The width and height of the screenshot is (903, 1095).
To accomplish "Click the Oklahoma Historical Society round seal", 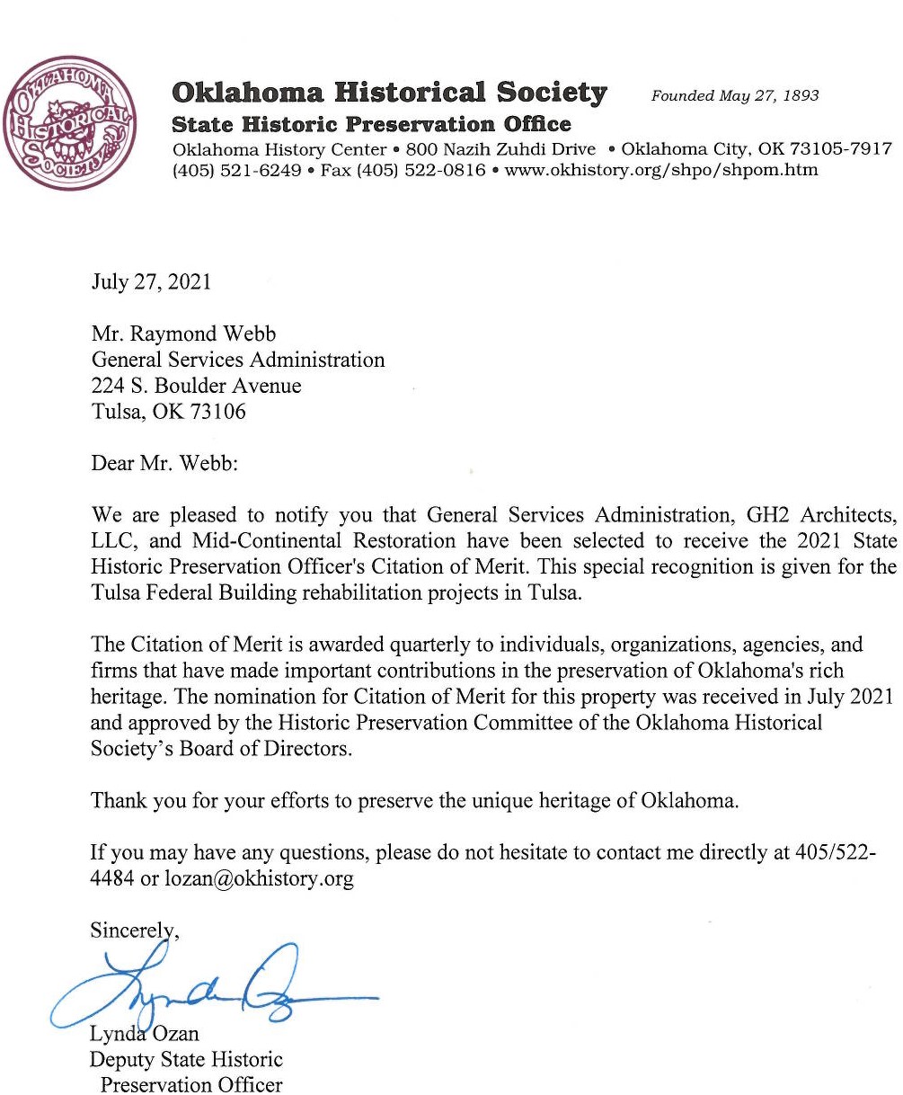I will click(69, 123).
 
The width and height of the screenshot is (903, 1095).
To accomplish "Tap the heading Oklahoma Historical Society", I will click(389, 93).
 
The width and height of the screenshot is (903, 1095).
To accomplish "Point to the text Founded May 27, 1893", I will click(735, 95).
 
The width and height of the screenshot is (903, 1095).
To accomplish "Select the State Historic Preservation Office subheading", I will click(371, 124).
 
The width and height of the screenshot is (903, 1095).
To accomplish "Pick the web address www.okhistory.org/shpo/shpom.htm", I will click(662, 170).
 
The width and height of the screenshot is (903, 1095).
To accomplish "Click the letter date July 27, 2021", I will click(151, 281).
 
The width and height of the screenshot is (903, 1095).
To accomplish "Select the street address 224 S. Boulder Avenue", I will click(196, 387).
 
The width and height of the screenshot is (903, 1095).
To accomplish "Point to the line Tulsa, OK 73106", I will click(168, 413).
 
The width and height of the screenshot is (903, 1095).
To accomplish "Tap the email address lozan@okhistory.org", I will click(259, 878).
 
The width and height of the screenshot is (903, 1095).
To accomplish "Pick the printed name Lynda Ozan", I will click(143, 1035).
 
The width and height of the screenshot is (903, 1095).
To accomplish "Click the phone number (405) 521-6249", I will click(237, 170).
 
